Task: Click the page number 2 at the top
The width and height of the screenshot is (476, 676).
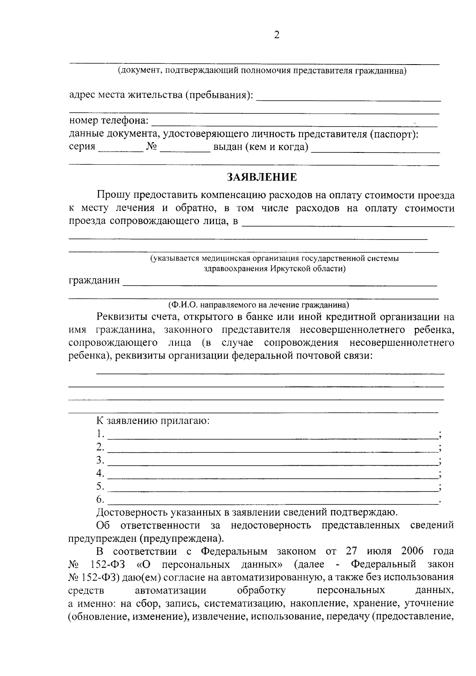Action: (x=276, y=35)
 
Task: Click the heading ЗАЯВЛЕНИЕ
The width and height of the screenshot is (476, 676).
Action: (x=261, y=177)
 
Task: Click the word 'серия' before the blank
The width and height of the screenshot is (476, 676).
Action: (x=82, y=147)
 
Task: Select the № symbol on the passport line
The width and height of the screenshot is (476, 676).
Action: (x=152, y=147)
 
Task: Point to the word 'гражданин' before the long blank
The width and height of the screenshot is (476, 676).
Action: (x=94, y=281)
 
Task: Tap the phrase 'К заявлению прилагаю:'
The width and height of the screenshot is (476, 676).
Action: (x=153, y=420)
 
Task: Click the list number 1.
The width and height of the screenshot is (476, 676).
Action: (x=100, y=434)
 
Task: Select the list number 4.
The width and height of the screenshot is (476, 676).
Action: (x=100, y=473)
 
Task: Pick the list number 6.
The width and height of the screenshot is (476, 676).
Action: (x=100, y=499)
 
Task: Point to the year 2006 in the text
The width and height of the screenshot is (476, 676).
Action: (x=413, y=551)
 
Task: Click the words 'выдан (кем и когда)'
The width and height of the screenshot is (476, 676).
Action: (x=261, y=147)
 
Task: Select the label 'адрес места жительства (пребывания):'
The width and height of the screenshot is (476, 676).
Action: (x=161, y=95)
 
